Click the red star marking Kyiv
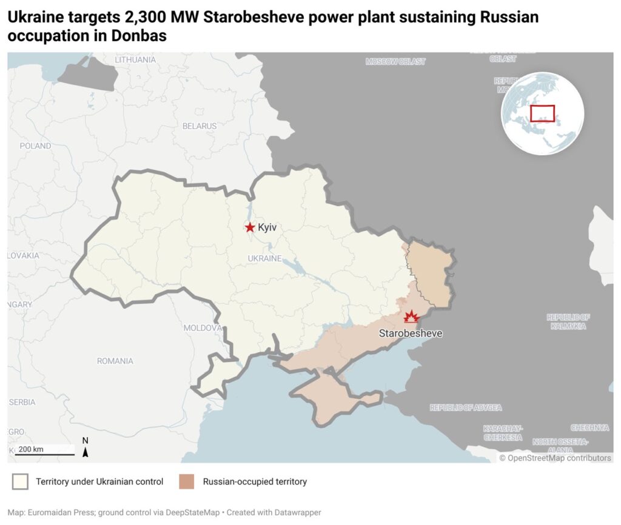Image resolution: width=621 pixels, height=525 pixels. (250, 227)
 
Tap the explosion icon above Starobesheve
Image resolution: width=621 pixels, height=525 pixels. (412, 317)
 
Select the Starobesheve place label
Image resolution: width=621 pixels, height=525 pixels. (411, 333)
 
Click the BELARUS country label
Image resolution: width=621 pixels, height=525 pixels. (200, 126)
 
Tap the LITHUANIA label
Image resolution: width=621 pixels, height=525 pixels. (135, 59)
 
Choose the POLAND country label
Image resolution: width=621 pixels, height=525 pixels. (35, 146)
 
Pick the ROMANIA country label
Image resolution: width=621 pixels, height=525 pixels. (115, 361)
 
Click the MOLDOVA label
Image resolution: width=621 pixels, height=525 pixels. (203, 328)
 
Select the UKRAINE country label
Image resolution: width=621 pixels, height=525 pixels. (265, 259)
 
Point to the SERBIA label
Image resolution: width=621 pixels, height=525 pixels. (22, 402)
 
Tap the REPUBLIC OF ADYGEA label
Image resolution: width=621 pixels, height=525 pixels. (466, 408)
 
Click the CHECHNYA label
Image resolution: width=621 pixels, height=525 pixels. (589, 428)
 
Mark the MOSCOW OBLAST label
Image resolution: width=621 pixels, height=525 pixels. (395, 62)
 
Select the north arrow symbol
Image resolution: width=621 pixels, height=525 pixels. (86, 449)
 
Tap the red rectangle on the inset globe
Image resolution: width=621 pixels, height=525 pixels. (542, 113)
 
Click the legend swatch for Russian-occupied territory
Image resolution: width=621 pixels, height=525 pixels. (186, 482)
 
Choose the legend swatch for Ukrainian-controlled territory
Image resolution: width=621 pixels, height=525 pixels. (20, 482)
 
